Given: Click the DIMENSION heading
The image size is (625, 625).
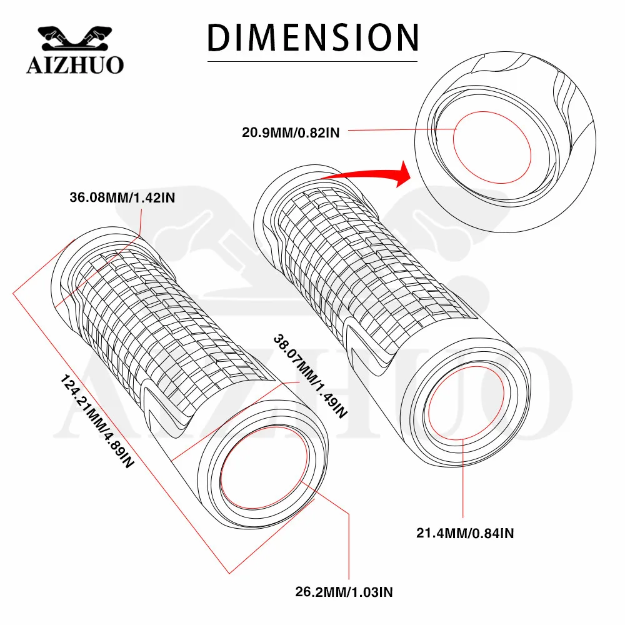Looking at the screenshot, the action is tap(313, 37).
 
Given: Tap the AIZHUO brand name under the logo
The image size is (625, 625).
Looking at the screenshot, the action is tap(76, 65).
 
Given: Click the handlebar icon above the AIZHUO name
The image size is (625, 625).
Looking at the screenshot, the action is tap(74, 39).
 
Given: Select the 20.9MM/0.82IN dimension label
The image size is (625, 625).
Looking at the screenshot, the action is tap(291, 132).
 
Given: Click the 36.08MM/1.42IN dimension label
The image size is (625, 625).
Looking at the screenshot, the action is tap(122, 197).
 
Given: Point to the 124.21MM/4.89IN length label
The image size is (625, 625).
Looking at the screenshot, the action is tap(97, 421).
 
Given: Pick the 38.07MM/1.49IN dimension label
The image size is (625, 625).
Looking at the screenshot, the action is tap(310, 376).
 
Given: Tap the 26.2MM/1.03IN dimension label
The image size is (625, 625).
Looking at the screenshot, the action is tap(344, 592).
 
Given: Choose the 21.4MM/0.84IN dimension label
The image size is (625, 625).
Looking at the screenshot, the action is tap(465, 533).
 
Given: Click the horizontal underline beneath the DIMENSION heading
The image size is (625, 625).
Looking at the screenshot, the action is tap(312, 62).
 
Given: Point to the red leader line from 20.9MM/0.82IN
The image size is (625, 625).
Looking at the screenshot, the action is tap(402, 129).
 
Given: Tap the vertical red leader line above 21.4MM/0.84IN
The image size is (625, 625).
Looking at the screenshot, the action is tap(463, 477).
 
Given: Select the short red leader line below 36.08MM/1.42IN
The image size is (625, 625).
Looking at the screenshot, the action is tap(141, 222).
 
